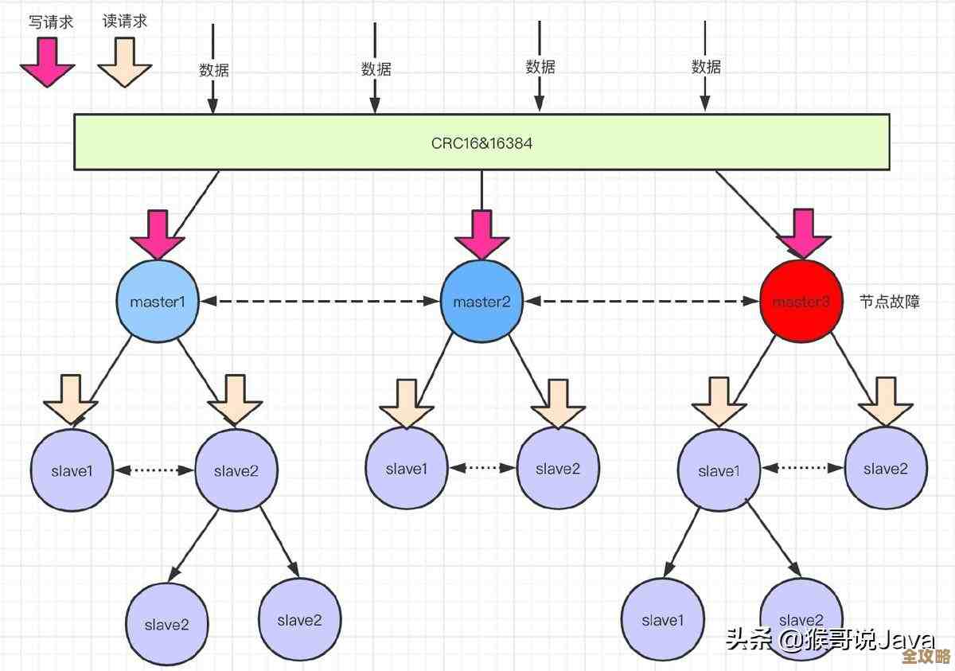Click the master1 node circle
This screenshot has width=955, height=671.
[x=158, y=302]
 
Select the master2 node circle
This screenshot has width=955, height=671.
[x=481, y=302]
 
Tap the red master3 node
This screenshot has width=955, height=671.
[x=801, y=302]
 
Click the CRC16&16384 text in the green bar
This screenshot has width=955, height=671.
[x=481, y=143]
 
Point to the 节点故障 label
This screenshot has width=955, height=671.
[x=889, y=302]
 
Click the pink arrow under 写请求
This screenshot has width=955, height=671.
[x=48, y=62]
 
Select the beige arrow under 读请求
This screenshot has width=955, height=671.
[x=124, y=62]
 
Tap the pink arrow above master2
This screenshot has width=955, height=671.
[x=481, y=234]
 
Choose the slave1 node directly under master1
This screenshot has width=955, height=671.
[x=72, y=470]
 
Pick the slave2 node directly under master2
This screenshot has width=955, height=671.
[x=558, y=469]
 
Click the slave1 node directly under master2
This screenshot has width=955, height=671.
[x=407, y=469]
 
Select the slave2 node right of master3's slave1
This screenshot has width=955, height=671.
[x=885, y=469]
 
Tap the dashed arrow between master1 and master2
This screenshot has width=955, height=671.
[x=319, y=302]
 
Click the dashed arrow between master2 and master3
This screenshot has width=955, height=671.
[x=641, y=302]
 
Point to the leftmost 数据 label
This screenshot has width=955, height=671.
[x=213, y=69]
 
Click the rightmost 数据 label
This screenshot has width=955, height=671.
[x=706, y=67]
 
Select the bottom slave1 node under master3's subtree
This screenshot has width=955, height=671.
[x=662, y=619]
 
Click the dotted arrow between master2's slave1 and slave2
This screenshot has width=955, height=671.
[x=482, y=469]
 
